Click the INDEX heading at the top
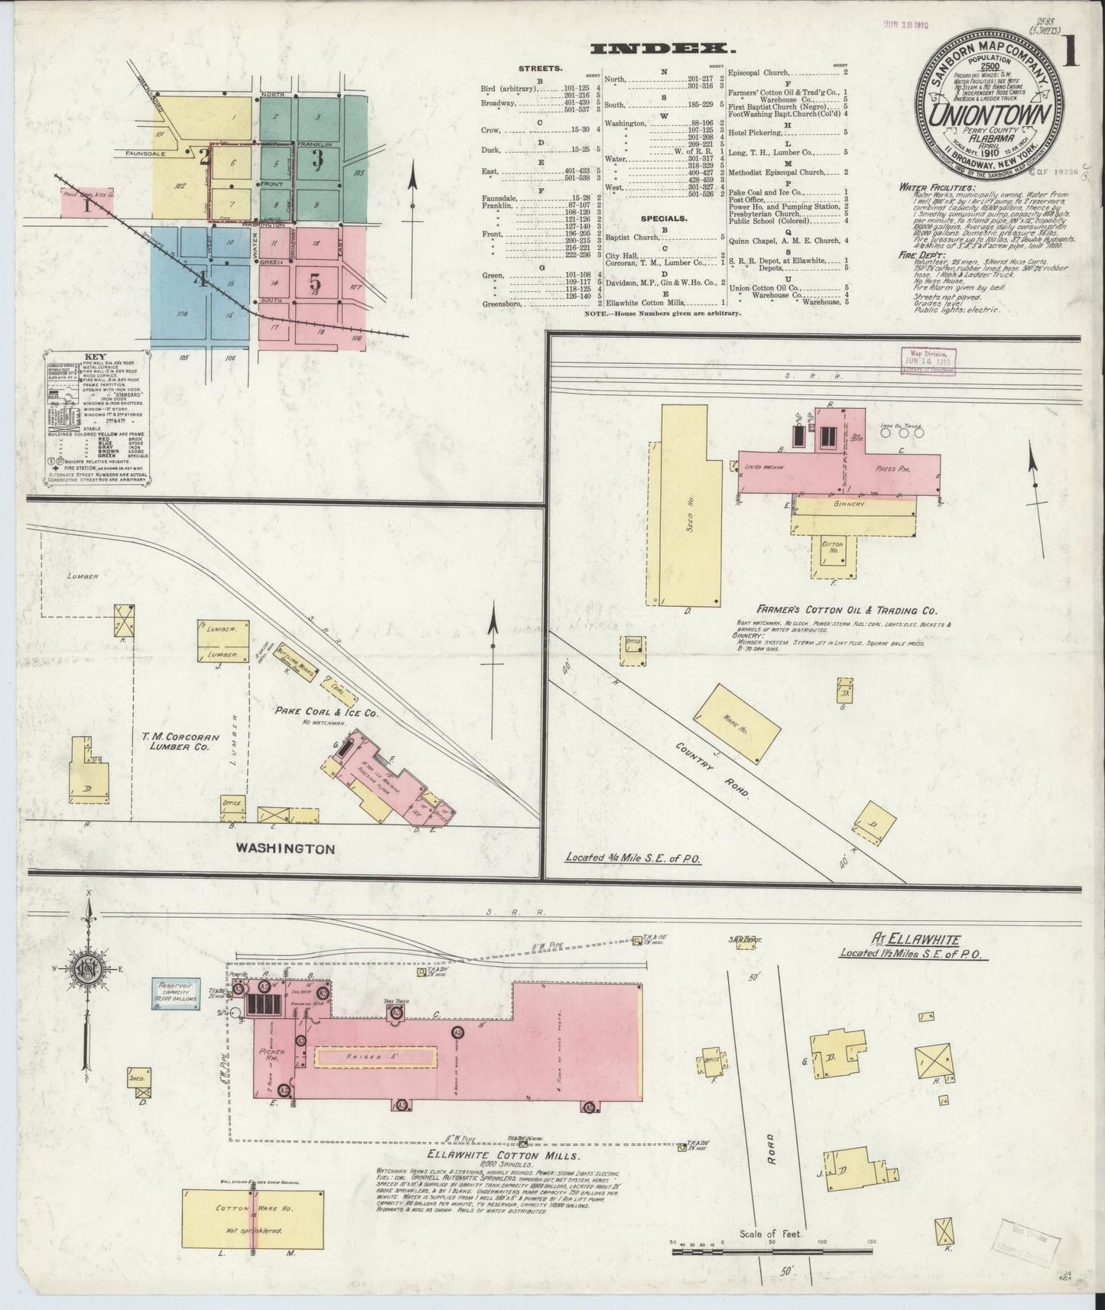(663, 49)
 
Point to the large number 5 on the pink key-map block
(314, 282)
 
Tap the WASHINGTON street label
(286, 848)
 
